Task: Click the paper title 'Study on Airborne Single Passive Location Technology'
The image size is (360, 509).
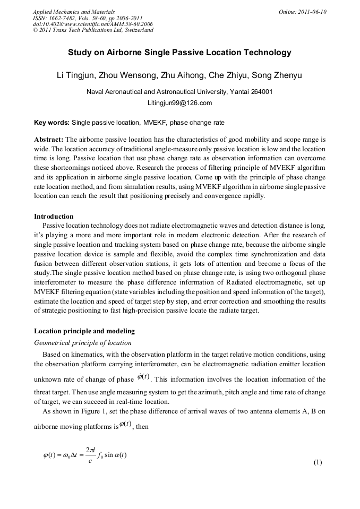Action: (179, 53)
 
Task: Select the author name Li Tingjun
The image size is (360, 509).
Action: (76, 75)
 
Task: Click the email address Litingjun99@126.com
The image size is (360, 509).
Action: (179, 103)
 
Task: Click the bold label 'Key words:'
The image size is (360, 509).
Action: (52, 123)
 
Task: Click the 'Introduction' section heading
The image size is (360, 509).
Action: (54, 217)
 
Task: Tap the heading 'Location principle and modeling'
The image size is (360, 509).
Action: (84, 331)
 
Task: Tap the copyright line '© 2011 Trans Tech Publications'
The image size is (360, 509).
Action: (93, 30)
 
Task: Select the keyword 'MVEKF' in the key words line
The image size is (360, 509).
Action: (153, 123)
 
